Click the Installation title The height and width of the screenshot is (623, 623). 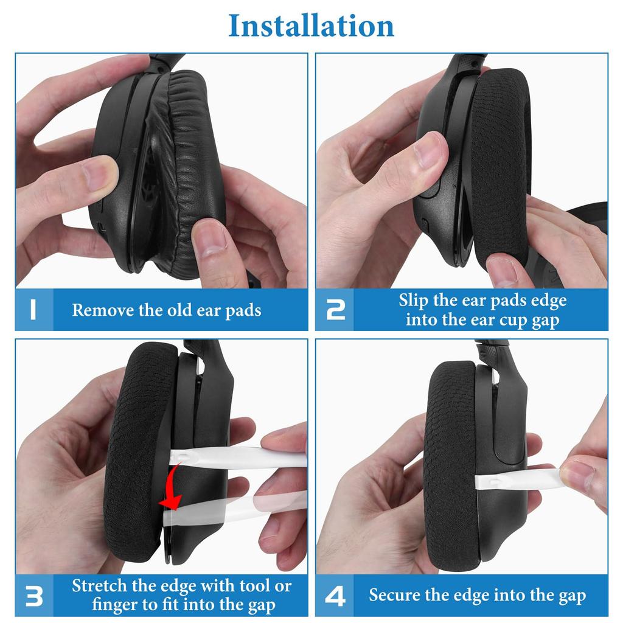(311, 26)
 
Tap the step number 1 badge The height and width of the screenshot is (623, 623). (33, 310)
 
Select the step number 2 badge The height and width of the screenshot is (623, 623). (335, 310)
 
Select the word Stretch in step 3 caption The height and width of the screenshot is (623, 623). (100, 586)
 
